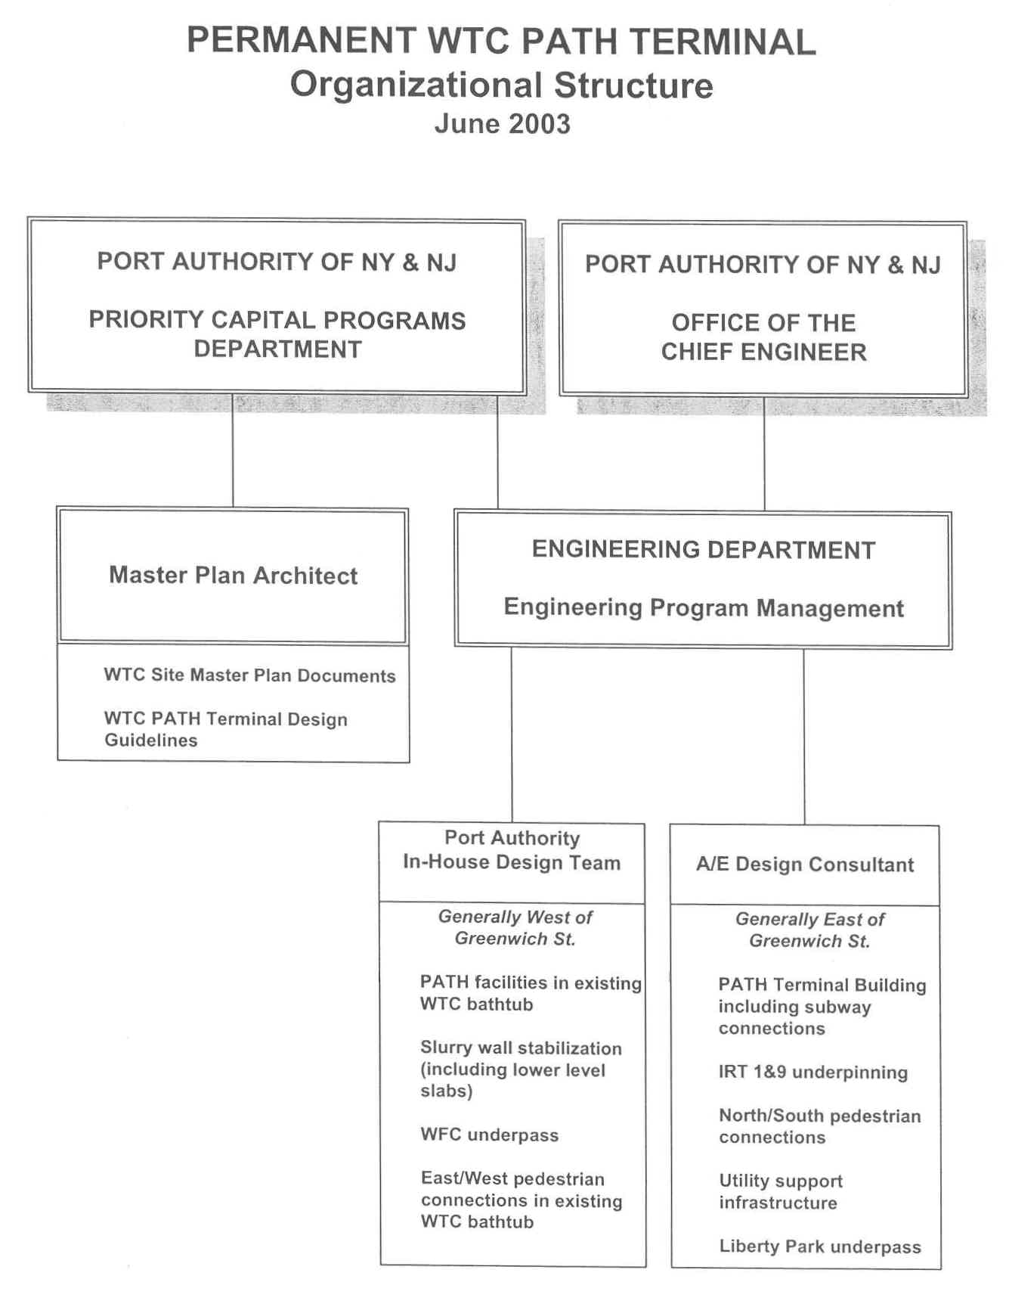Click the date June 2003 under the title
[x=502, y=124]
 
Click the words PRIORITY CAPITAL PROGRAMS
[x=277, y=321]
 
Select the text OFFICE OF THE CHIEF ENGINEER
[x=763, y=337]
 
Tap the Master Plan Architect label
[x=233, y=576]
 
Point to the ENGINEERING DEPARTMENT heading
[x=703, y=550]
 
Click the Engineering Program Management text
[x=703, y=608]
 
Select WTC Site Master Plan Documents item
[x=249, y=675]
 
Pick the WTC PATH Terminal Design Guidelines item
[x=225, y=729]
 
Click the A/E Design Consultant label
[x=805, y=865]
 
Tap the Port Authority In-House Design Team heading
[x=512, y=850]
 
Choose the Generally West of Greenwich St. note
[x=515, y=928]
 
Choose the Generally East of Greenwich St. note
[x=809, y=930]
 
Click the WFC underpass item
[x=489, y=1135]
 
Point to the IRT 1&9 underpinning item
[x=812, y=1073]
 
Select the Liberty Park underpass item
[x=819, y=1247]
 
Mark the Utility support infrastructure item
[x=780, y=1192]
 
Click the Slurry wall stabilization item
[x=520, y=1070]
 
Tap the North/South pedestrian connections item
[x=819, y=1127]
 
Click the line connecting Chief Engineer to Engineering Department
[x=764, y=454]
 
